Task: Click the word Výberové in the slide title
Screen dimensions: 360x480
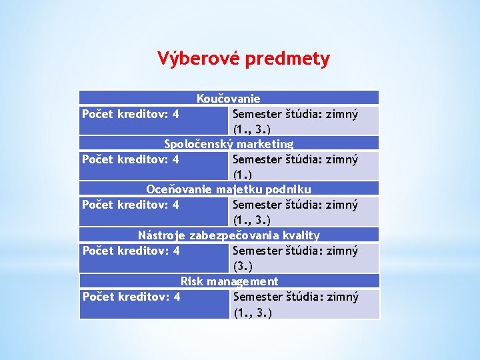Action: click(199, 59)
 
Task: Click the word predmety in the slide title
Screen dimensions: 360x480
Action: click(287, 59)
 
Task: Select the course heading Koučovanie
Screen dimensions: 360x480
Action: click(228, 99)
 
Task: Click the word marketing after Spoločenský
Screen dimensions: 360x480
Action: click(264, 144)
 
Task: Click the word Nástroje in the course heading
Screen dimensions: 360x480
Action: click(162, 235)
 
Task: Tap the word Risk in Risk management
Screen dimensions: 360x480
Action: click(192, 281)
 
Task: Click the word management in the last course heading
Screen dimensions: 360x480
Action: click(242, 281)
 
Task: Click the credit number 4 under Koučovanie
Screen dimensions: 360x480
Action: click(175, 114)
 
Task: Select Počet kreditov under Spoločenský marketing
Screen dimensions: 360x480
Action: click(124, 159)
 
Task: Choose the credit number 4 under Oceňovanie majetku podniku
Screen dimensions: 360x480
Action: click(175, 205)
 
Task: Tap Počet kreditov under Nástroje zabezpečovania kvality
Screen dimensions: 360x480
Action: click(124, 251)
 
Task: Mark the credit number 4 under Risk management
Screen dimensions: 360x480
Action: click(176, 297)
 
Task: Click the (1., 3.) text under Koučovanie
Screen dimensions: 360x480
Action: click(252, 129)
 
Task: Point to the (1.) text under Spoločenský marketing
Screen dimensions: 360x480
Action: click(243, 175)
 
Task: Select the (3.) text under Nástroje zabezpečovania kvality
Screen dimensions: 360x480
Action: click(243, 266)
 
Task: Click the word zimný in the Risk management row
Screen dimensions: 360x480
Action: click(341, 297)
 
